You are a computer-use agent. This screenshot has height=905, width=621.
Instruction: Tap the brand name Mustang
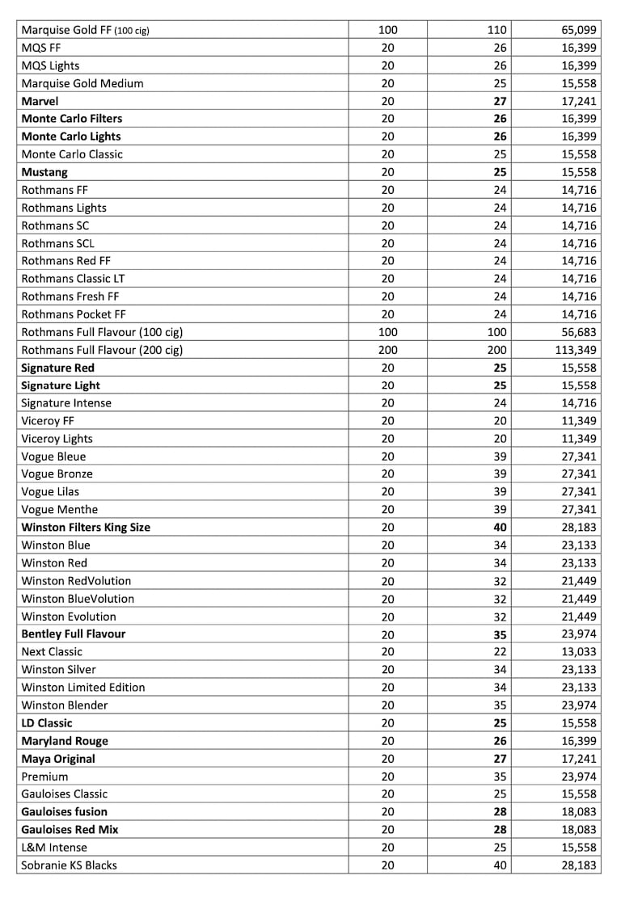pos(44,172)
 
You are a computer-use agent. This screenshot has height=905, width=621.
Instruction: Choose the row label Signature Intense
pos(66,403)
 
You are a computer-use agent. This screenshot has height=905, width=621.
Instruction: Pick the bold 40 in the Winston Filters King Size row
pos(499,528)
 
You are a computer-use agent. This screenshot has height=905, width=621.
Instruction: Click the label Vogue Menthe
pos(59,510)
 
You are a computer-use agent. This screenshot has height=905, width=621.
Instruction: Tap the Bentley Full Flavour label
pos(74,634)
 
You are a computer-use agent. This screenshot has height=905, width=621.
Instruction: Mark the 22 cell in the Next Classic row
pos(500,652)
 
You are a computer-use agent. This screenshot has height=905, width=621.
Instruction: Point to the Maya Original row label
pos(58,759)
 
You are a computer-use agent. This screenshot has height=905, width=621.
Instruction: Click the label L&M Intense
pos(54,848)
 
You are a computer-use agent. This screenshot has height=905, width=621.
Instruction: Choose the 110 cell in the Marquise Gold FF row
pos(496,30)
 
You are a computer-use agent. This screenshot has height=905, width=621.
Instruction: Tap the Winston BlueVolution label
pos(78,599)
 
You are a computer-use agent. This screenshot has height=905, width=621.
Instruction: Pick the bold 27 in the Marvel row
pos(499,101)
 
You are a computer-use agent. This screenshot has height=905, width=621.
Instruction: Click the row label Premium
pos(44,777)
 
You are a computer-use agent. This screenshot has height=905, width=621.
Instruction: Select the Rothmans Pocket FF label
pos(74,314)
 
